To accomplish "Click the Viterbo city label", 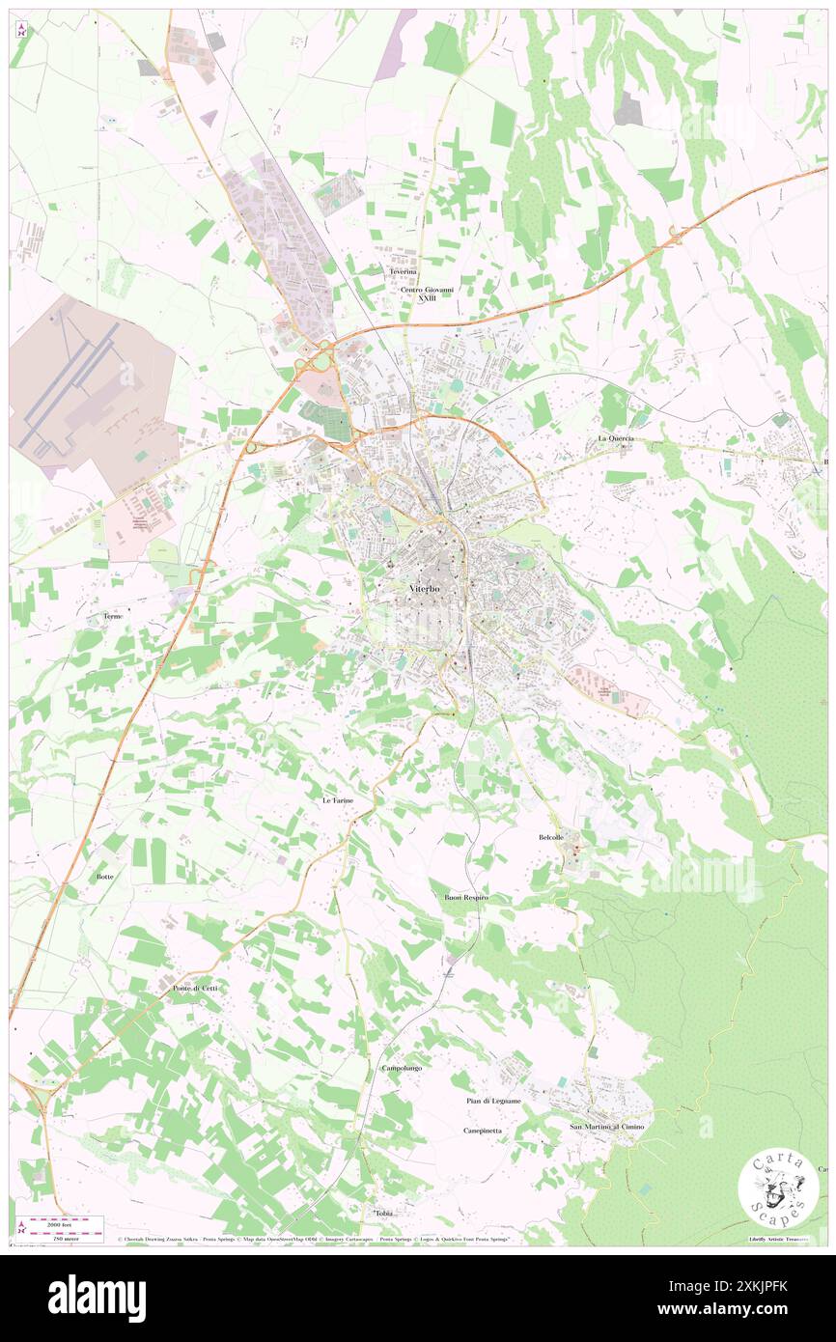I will click(x=419, y=589).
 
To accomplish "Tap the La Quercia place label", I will click(x=615, y=438).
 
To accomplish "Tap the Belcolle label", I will click(x=557, y=837).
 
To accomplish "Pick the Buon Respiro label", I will click(x=466, y=898).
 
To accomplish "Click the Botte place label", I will click(x=105, y=877).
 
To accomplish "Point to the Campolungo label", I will click(x=403, y=1068).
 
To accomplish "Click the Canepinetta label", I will click(x=483, y=1130).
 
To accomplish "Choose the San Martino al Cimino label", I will click(x=606, y=1128).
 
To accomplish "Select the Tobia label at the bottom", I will click(x=384, y=1213).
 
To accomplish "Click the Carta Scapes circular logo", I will click(x=771, y=1189).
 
